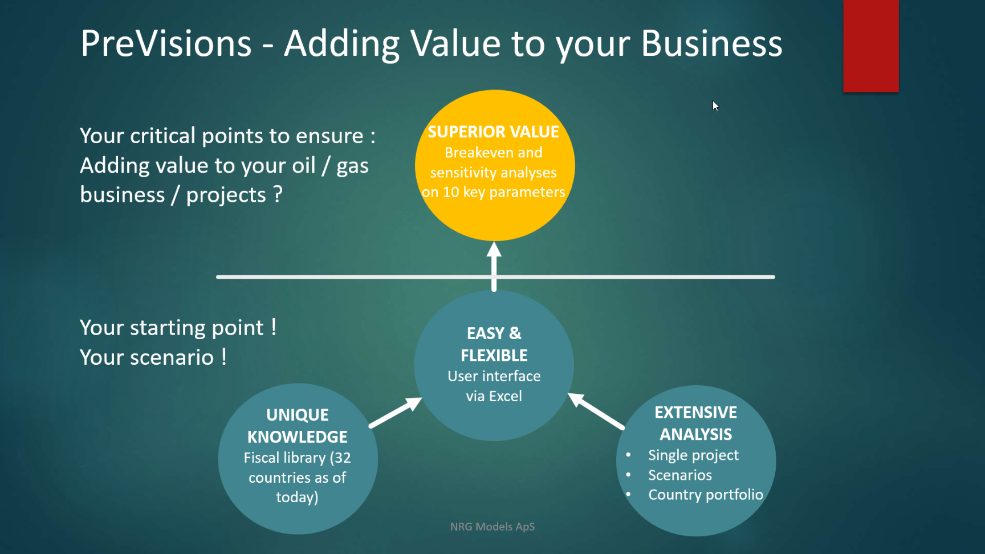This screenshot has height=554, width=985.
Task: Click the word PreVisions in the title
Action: click(x=166, y=43)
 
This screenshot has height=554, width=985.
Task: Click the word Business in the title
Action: click(x=712, y=43)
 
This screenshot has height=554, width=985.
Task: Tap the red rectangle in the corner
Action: click(x=871, y=46)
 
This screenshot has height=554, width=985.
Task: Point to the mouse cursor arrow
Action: click(x=715, y=106)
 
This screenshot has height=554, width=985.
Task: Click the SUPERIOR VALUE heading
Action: click(x=494, y=132)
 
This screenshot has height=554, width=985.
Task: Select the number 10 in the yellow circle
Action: click(x=451, y=192)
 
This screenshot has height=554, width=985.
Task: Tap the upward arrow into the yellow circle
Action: click(x=494, y=266)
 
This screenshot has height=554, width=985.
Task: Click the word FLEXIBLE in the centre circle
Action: click(x=494, y=356)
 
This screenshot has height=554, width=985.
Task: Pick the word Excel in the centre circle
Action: click(x=506, y=396)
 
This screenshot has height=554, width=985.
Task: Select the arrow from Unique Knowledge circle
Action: click(x=396, y=412)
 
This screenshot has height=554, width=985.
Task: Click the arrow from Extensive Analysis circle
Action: click(x=596, y=411)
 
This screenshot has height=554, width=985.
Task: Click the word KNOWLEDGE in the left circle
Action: click(x=298, y=437)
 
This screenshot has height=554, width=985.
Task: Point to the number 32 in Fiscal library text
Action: click(x=342, y=458)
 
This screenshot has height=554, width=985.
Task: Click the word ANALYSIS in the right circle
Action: click(x=696, y=434)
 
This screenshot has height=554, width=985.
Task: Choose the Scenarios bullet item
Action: click(x=680, y=475)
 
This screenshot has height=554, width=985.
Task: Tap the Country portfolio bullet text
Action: click(x=706, y=495)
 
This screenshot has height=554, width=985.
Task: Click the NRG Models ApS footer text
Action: click(x=492, y=527)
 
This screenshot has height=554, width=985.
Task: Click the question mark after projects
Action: click(x=278, y=194)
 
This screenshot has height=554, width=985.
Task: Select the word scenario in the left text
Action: click(x=172, y=357)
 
